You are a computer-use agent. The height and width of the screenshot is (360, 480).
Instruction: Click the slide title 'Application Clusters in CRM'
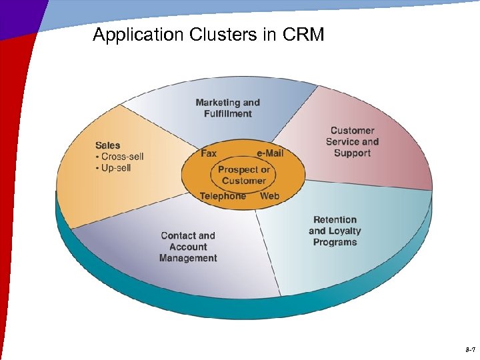click(x=208, y=35)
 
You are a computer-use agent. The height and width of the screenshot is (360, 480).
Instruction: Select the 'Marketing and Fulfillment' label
click(x=227, y=108)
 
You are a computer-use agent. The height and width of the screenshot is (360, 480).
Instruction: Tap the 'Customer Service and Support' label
click(x=352, y=141)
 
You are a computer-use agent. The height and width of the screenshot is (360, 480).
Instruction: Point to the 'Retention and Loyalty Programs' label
click(x=335, y=231)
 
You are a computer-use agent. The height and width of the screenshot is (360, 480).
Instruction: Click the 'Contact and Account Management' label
click(x=188, y=247)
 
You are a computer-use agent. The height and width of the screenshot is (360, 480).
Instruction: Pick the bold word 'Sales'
click(x=108, y=145)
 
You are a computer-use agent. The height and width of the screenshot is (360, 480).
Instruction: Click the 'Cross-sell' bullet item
click(x=121, y=157)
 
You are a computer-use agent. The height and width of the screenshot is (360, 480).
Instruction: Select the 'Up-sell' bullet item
click(x=115, y=168)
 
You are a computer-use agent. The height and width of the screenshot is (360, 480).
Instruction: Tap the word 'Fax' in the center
click(x=209, y=153)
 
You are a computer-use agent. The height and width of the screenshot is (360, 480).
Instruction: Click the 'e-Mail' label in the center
click(x=270, y=153)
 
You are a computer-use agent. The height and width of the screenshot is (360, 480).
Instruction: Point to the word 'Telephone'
click(x=223, y=196)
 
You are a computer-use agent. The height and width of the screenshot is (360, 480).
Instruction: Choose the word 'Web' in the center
click(x=269, y=196)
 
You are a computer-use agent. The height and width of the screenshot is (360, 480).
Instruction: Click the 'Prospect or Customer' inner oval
click(x=243, y=175)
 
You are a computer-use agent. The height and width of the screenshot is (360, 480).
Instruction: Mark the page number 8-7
click(x=469, y=349)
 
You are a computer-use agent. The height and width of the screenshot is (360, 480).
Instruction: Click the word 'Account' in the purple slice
click(x=188, y=247)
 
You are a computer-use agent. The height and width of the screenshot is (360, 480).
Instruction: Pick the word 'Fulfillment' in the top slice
click(x=227, y=114)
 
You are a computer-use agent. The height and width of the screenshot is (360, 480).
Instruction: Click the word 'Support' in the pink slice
click(x=352, y=153)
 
